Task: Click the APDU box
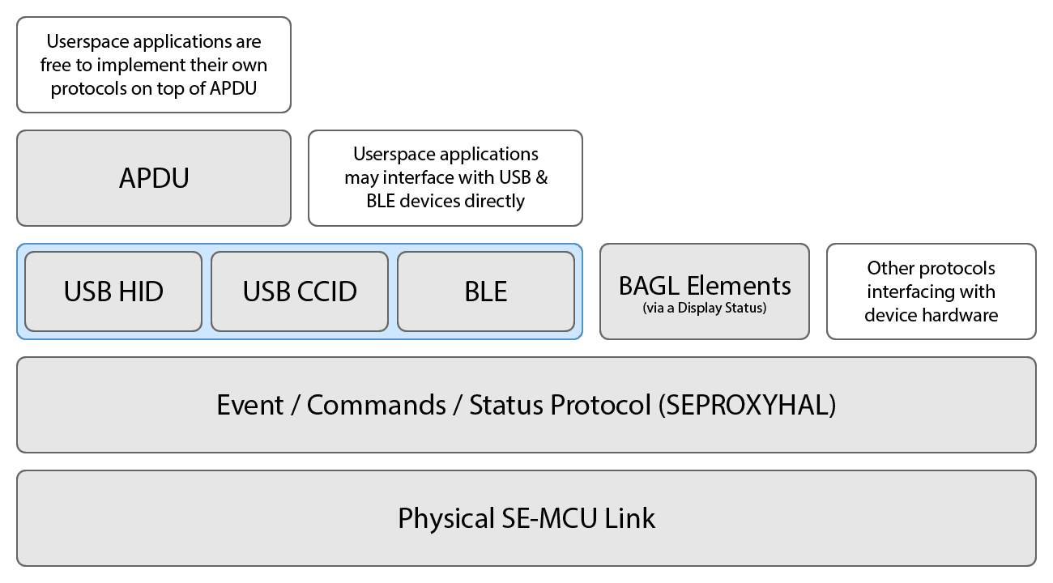coord(154,178)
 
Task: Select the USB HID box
coord(113,291)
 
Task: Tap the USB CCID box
coord(300,291)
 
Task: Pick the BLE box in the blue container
coord(486,291)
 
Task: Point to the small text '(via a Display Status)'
coord(704,308)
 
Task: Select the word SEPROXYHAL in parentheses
coord(747,405)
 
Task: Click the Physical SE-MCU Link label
coord(526,518)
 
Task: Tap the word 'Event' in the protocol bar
coord(249,405)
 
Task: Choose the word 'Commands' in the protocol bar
coord(377,405)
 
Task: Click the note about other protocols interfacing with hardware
coord(931,291)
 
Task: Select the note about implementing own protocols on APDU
coord(154,65)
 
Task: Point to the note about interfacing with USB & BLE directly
coord(446,178)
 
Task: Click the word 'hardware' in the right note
coord(963,315)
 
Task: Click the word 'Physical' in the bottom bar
coord(441,518)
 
